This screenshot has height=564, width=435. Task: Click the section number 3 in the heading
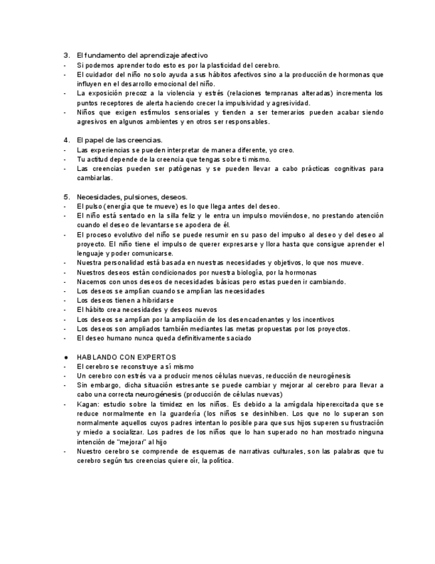point(66,56)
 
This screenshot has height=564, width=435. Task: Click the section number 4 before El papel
point(66,140)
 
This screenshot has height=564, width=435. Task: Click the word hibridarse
point(155,301)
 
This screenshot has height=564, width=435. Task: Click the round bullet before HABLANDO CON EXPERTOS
point(65,357)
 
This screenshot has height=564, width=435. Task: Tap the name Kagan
point(87,404)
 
